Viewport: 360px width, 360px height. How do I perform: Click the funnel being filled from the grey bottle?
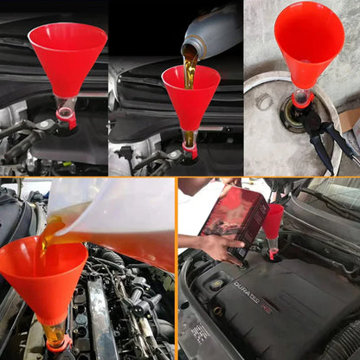click(x=190, y=95)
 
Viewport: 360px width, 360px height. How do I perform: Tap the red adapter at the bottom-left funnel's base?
click(x=59, y=344)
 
